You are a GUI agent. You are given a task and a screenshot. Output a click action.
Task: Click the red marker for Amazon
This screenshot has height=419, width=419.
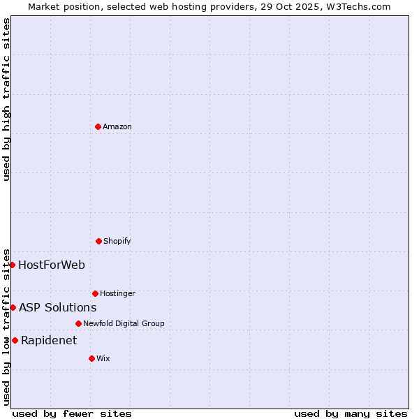98,126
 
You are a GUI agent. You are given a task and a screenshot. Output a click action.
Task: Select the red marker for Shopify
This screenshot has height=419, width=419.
98,241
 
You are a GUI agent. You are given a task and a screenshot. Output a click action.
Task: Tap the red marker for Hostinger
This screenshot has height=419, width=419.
95,293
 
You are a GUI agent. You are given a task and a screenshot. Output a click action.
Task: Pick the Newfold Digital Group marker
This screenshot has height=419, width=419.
78,323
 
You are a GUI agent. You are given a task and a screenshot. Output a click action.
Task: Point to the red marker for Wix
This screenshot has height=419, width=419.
91,358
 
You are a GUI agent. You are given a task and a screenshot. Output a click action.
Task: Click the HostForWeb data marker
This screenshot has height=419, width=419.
12,265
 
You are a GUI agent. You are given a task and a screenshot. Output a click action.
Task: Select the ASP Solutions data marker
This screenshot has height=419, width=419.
13,307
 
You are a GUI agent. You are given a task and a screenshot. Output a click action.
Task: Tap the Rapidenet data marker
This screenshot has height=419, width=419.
15,340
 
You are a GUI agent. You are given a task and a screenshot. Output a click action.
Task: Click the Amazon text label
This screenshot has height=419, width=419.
117,126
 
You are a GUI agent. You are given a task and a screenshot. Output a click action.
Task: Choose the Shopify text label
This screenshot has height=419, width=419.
117,241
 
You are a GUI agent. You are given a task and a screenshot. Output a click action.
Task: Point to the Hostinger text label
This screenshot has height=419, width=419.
117,293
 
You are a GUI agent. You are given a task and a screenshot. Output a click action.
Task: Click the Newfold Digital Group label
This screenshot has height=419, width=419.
124,323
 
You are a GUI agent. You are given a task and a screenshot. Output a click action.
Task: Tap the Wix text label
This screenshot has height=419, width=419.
103,358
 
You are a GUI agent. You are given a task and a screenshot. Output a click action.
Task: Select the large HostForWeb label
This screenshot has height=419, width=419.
52,265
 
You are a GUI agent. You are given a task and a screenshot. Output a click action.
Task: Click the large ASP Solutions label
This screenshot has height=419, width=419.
57,307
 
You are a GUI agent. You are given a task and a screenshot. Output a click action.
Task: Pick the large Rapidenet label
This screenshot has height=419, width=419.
49,340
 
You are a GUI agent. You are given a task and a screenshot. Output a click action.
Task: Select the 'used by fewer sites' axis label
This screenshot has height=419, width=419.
72,413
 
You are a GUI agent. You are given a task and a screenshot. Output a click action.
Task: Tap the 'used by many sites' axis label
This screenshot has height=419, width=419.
351,413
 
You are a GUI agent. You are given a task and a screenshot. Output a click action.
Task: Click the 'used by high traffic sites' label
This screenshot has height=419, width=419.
6,99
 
